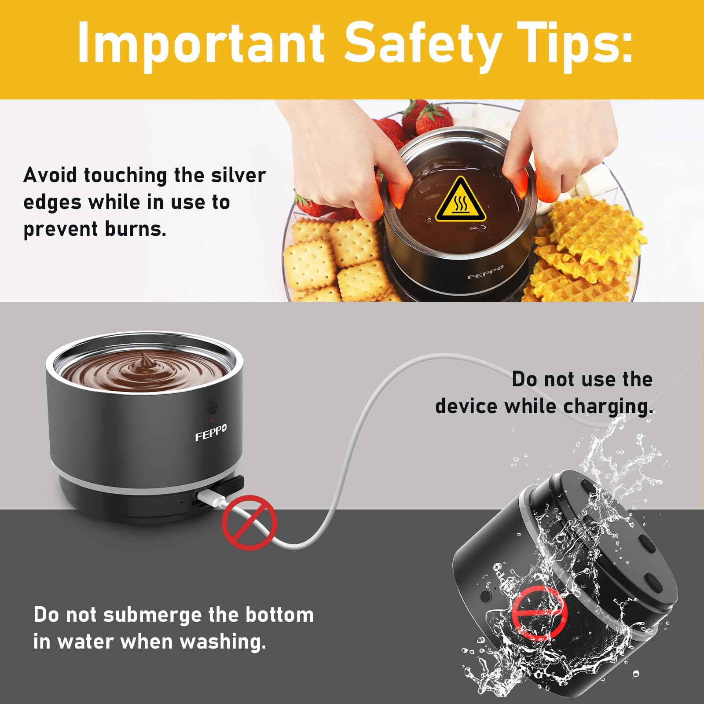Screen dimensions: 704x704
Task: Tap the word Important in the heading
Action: pyautogui.click(x=201, y=44)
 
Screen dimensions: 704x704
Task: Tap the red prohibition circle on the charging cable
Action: pyautogui.click(x=250, y=521)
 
